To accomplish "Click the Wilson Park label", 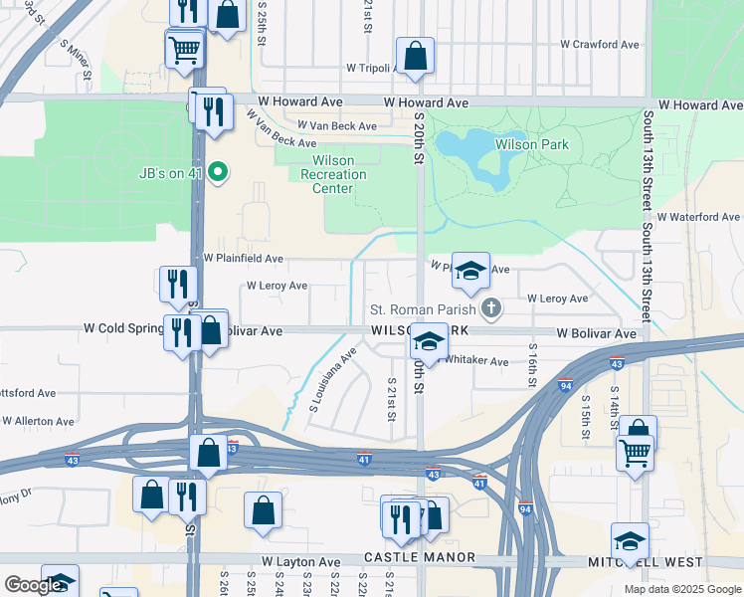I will pyautogui.click(x=534, y=144).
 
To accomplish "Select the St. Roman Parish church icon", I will pyautogui.click(x=490, y=309).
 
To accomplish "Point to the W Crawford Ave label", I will pyautogui.click(x=599, y=45).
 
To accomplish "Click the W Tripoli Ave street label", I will pyautogui.click(x=371, y=68).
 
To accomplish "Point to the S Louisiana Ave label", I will pyautogui.click(x=333, y=380).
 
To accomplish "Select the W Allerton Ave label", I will pyautogui.click(x=38, y=421).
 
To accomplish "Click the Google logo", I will pyautogui.click(x=33, y=585).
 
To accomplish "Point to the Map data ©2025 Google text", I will pyautogui.click(x=681, y=589).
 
